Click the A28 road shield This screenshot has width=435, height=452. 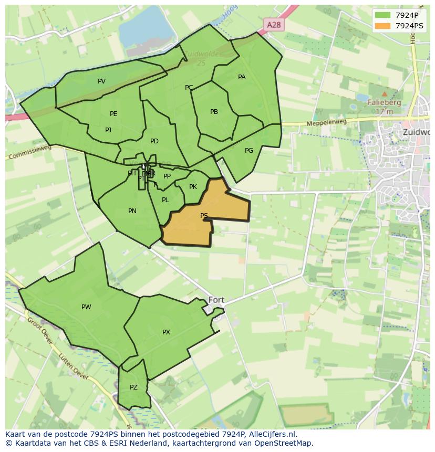[274, 25]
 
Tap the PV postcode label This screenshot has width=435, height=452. [101, 81]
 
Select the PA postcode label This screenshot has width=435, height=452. [242, 77]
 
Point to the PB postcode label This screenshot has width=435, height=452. [214, 112]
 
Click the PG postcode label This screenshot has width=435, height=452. [249, 151]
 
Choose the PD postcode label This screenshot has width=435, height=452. [154, 141]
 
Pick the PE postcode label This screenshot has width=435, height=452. [113, 114]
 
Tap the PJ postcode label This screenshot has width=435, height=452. [108, 130]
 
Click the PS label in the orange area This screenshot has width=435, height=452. [204, 216]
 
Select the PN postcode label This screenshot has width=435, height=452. [132, 211]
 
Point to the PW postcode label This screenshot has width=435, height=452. [86, 307]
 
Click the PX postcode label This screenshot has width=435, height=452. [166, 332]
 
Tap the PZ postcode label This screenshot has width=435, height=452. [133, 387]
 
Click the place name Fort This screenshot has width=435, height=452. [216, 300]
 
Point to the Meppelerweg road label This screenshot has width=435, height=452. [330, 123]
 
